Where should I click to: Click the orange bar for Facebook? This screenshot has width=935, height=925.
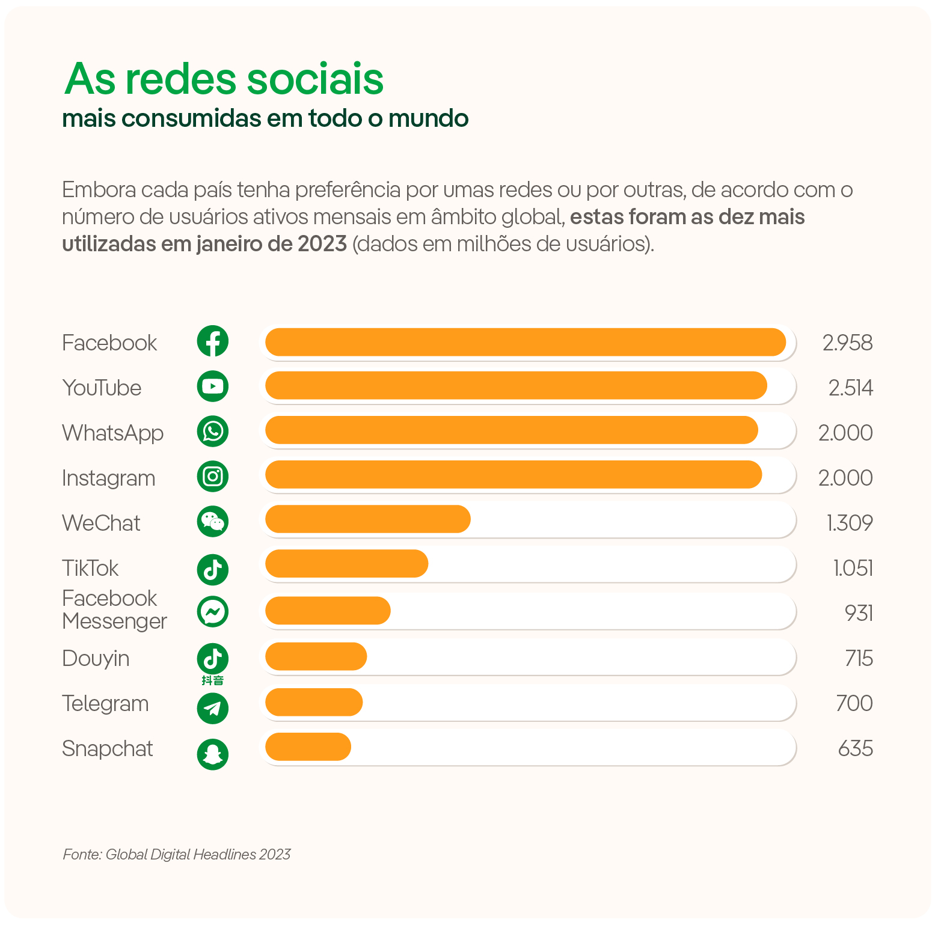[x=525, y=342]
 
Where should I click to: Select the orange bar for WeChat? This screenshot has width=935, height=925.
[x=367, y=519]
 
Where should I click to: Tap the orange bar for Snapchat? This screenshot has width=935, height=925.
[x=308, y=747]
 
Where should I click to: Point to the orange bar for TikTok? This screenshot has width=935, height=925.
[x=346, y=564]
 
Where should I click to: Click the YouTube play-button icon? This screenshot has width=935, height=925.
[x=213, y=386]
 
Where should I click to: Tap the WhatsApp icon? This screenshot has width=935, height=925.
[x=213, y=432]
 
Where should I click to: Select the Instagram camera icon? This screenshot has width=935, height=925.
[x=213, y=477]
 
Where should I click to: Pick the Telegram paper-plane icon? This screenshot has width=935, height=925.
[x=213, y=709]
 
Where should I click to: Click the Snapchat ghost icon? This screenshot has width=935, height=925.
[x=213, y=754]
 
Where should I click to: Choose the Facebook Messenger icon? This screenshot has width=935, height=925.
[x=213, y=612]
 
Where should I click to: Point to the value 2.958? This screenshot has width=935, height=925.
[x=847, y=343]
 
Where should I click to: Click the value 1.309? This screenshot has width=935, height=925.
[x=850, y=523]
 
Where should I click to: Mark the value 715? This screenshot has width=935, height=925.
[x=859, y=658]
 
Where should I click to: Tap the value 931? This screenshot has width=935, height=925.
[x=859, y=613]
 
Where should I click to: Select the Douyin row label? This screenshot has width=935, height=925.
[x=96, y=659]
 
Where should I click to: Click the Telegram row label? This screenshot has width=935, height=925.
[x=105, y=704]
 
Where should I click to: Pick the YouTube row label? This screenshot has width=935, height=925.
[x=102, y=388]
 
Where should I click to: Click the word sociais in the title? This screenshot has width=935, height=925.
[x=315, y=79]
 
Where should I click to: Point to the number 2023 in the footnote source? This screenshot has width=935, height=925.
[x=275, y=855]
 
